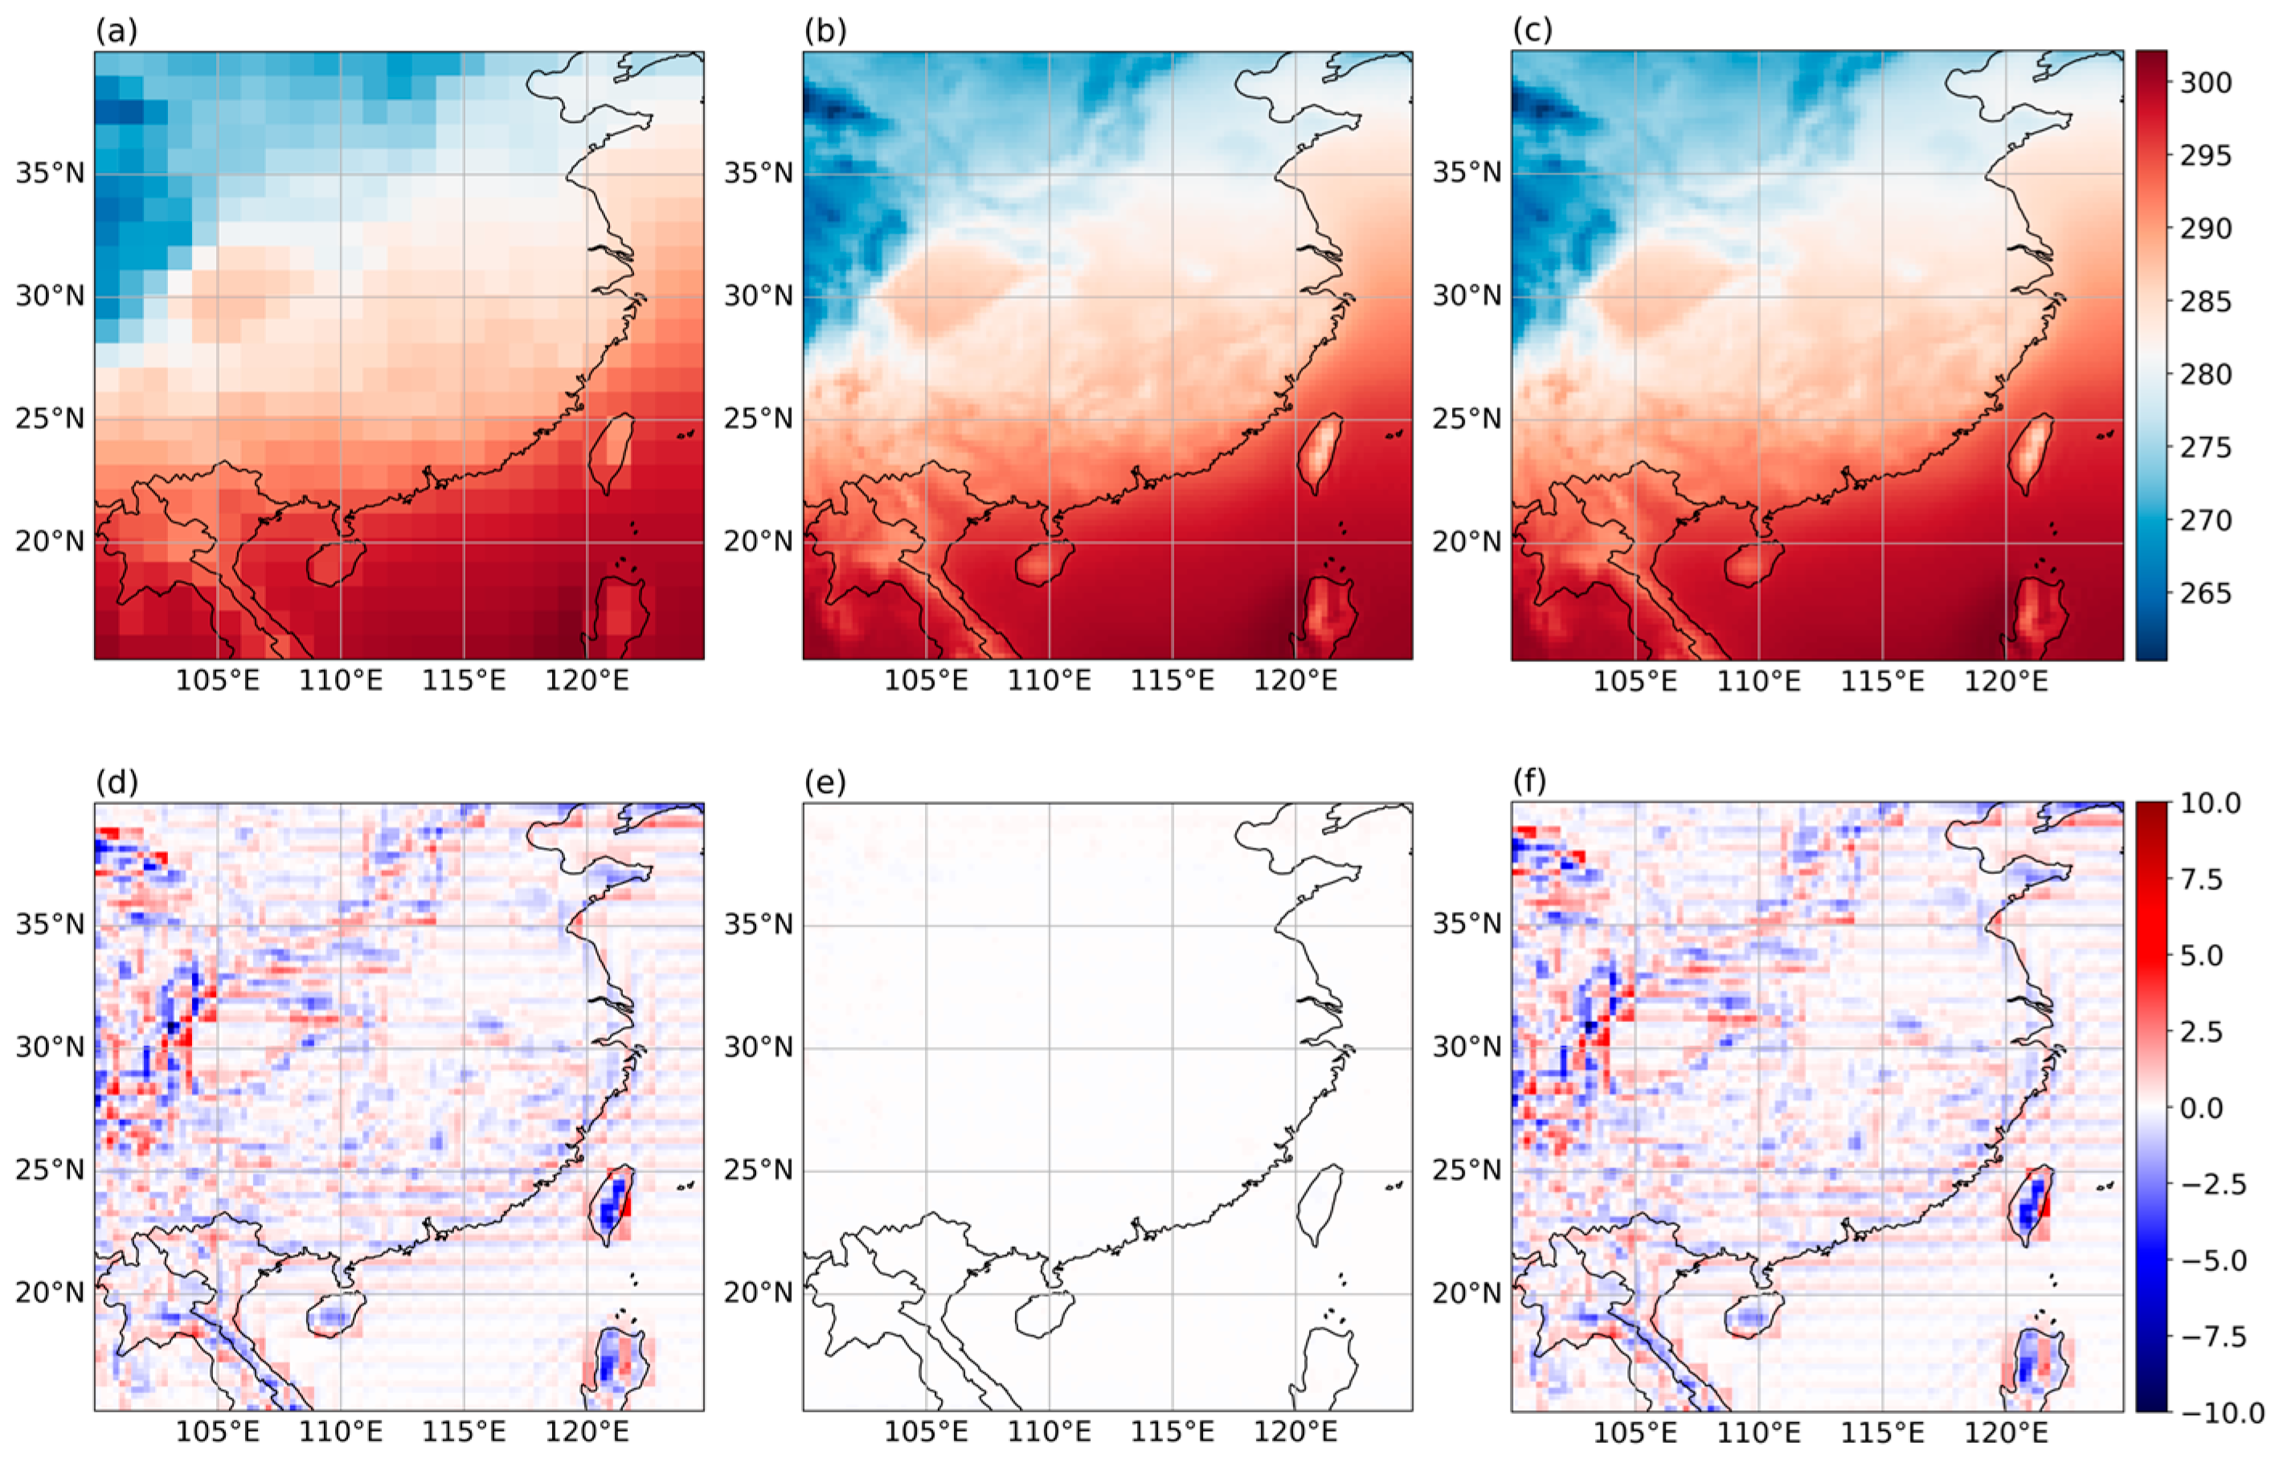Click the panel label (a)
[x=117, y=31]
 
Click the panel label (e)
[x=825, y=783]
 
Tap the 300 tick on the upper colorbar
[x=2204, y=83]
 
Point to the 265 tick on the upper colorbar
[x=2204, y=594]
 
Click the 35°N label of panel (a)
[x=50, y=174]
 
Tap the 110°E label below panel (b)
[x=1050, y=681]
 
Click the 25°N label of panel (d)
[x=50, y=1170]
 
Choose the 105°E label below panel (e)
[x=926, y=1432]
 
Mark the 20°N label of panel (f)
[x=1467, y=1293]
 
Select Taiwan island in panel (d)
[x=612, y=1205]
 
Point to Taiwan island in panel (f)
[x=2029, y=1205]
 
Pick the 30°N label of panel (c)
[x=1467, y=296]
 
